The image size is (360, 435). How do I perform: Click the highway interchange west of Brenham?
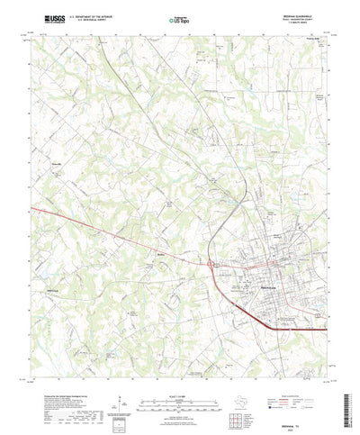(211, 266)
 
